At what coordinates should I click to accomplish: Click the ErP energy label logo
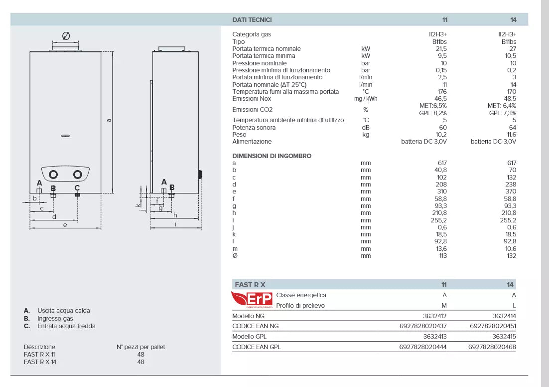(x=252, y=300)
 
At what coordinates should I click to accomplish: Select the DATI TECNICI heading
(x=252, y=20)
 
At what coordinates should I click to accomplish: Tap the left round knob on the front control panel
(x=54, y=175)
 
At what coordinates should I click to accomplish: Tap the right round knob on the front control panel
(x=77, y=175)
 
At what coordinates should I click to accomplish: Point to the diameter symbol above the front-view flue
(x=66, y=36)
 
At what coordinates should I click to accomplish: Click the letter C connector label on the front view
(x=77, y=188)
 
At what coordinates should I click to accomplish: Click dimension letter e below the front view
(x=65, y=224)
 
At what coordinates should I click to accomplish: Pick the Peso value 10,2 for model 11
(x=441, y=135)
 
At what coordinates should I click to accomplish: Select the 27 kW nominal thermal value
(x=513, y=49)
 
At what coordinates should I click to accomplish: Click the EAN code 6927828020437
(x=423, y=326)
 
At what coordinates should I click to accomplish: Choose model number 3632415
(x=504, y=337)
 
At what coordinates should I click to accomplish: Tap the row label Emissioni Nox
(x=252, y=99)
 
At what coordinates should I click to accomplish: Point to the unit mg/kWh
(x=365, y=99)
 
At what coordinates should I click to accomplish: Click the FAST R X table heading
(x=250, y=285)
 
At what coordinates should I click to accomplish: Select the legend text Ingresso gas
(x=55, y=318)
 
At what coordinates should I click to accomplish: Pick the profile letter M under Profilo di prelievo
(x=444, y=306)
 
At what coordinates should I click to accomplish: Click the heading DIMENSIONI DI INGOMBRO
(x=272, y=156)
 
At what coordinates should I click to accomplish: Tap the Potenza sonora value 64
(x=513, y=128)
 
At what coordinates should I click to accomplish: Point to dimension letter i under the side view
(x=175, y=224)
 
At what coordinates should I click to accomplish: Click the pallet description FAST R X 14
(x=40, y=362)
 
